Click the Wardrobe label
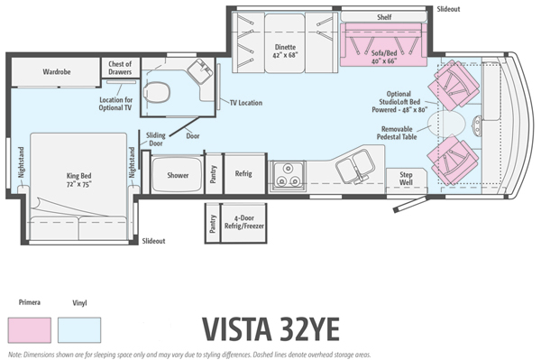tap(58, 70)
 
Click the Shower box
tap(178, 175)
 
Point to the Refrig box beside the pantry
tap(243, 173)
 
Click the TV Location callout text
tap(245, 103)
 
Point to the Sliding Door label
tap(155, 138)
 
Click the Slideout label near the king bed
tap(154, 241)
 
